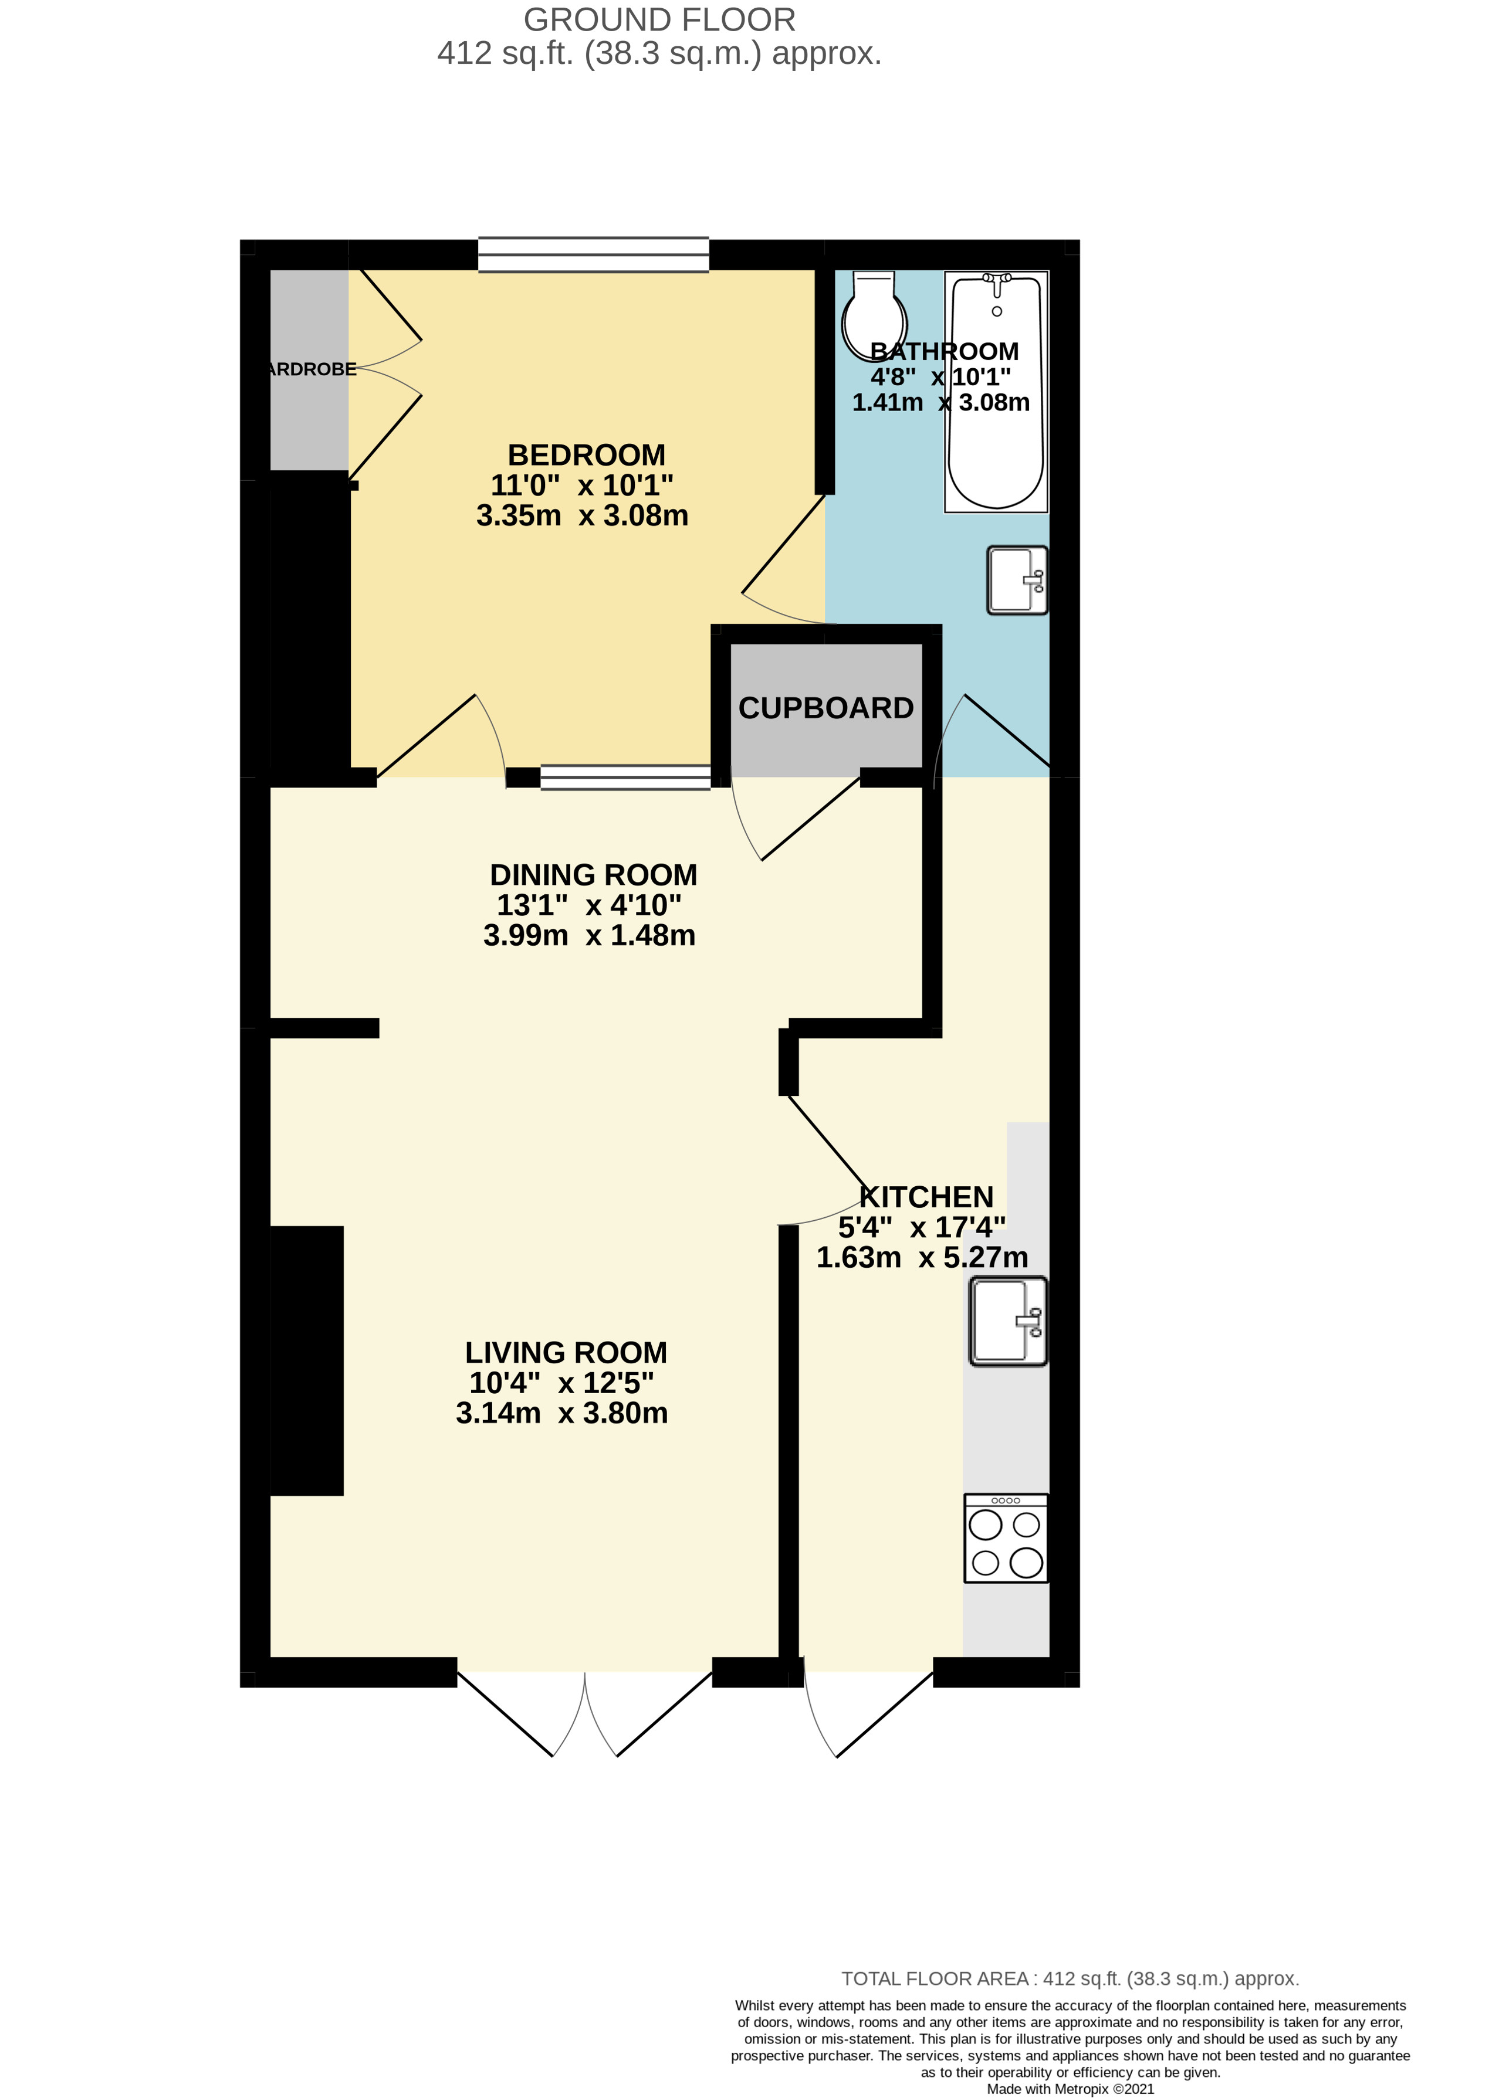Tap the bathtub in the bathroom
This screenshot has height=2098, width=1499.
[x=996, y=392]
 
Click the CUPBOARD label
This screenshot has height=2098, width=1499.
[x=825, y=708]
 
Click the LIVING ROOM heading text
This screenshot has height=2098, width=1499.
[x=565, y=1353]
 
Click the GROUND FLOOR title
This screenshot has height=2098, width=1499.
[x=659, y=19]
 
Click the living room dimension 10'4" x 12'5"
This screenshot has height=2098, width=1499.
[x=561, y=1383]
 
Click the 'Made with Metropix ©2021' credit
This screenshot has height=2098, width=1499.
[x=1070, y=2089]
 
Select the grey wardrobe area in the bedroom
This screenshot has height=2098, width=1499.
[x=308, y=369]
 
